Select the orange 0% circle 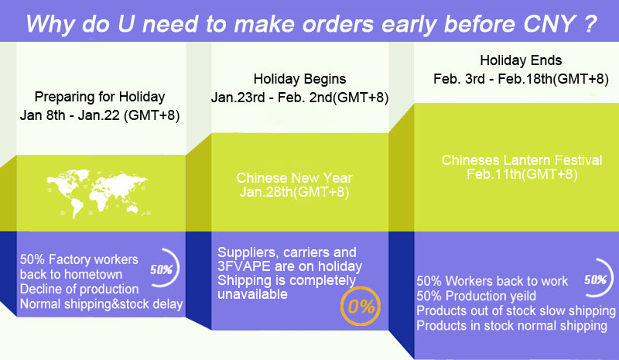click(x=361, y=307)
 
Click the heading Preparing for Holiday click(x=100, y=97)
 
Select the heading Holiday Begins click(x=299, y=79)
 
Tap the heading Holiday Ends click(x=521, y=60)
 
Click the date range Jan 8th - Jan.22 click(x=70, y=115)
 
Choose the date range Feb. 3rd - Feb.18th click(x=493, y=79)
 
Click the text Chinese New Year click(x=294, y=178)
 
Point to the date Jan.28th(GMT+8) click(x=294, y=192)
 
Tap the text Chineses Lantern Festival click(x=522, y=160)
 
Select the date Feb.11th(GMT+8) click(x=522, y=174)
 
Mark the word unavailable click(x=253, y=294)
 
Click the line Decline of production click(x=80, y=290)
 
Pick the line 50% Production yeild click(x=476, y=296)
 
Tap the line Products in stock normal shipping click(x=511, y=326)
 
